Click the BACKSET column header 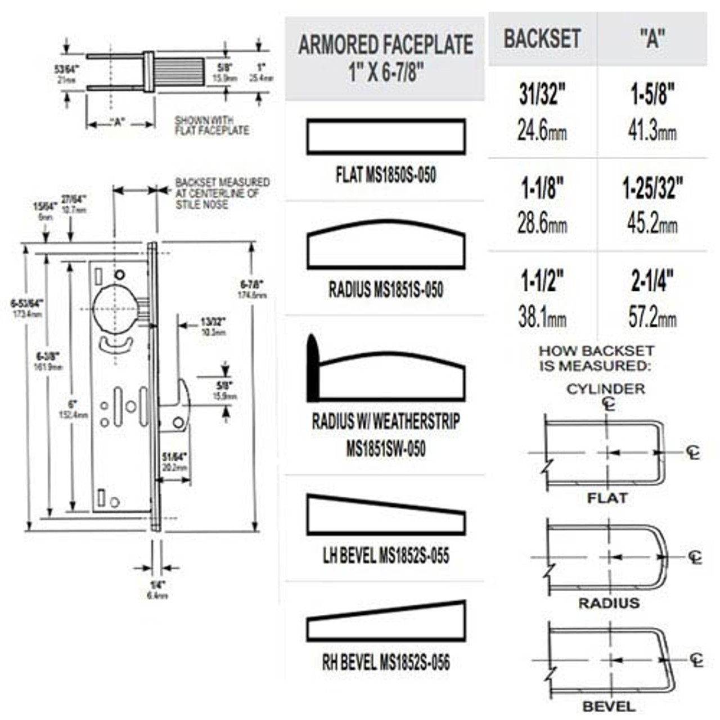542,39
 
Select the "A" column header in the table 652,39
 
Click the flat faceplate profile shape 385,137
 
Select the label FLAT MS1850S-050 385,175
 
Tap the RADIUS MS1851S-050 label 385,290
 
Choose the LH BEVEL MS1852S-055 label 385,556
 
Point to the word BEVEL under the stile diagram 609,706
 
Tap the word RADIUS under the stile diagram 609,603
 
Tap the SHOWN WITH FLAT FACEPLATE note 211,125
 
